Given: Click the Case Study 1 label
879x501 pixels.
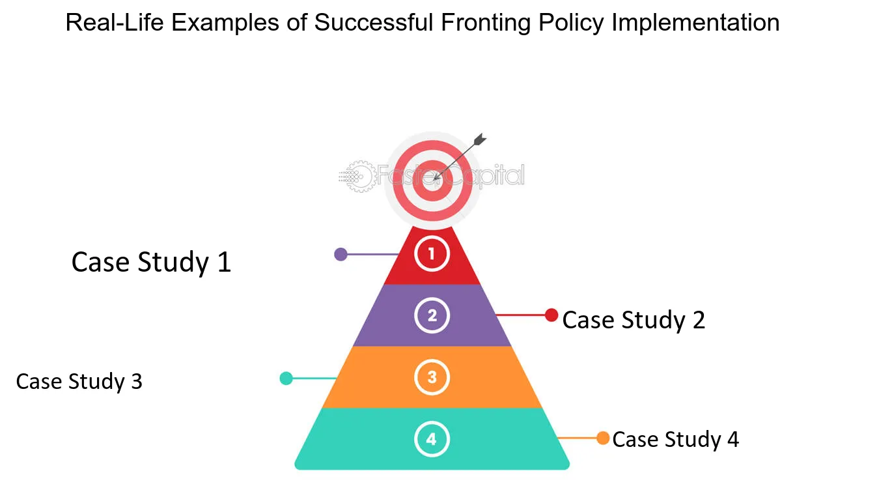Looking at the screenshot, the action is (151, 263).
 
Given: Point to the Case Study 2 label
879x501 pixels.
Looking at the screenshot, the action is (634, 320).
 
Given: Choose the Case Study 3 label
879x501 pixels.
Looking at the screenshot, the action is (79, 382).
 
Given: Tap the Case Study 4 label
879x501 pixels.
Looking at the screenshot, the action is (675, 439).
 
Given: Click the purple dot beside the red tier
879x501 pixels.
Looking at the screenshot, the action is (341, 255).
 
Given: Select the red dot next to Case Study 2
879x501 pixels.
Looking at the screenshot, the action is (551, 315).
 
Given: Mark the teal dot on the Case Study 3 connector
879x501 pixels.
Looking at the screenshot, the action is (286, 379).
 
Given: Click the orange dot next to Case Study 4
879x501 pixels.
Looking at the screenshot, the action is (603, 438).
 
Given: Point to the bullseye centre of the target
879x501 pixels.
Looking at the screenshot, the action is (432, 180).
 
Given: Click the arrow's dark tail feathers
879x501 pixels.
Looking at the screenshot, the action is (480, 140).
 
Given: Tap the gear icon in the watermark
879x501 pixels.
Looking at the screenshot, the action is (359, 177).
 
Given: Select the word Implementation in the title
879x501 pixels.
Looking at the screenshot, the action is (695, 23).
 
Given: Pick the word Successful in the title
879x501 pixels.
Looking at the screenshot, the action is (374, 22).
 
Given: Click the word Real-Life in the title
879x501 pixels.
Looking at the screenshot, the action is (114, 22).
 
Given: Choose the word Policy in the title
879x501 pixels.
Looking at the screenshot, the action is (571, 23).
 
